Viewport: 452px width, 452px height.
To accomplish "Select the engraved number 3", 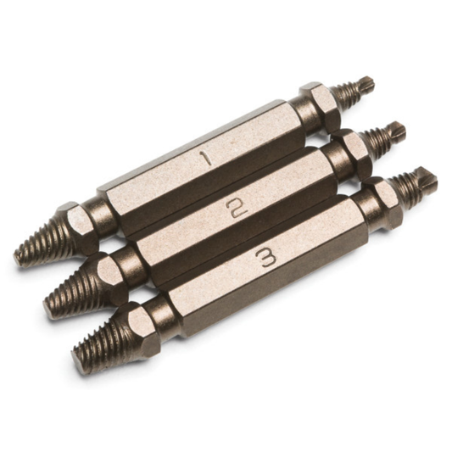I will tap(267, 259).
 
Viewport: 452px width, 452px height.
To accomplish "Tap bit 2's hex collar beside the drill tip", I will tap(349, 149).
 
